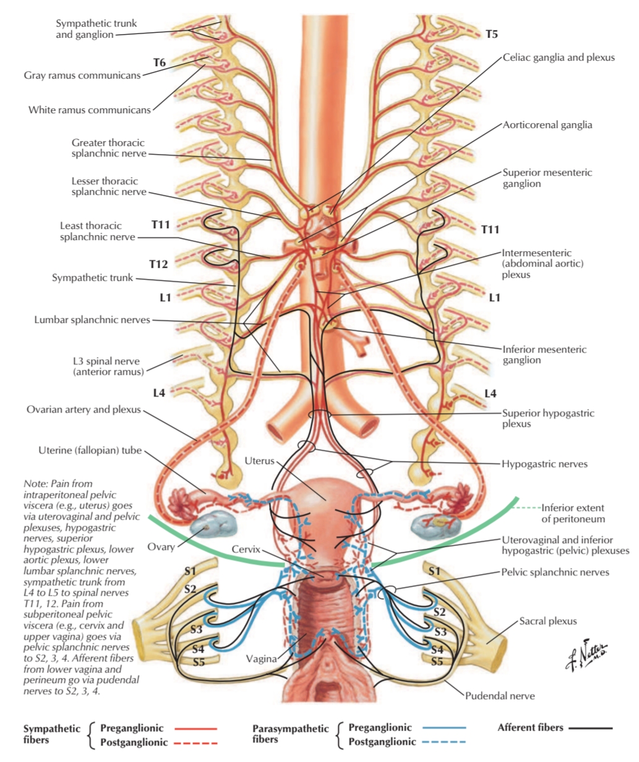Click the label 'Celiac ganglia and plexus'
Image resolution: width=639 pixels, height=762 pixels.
[x=559, y=58]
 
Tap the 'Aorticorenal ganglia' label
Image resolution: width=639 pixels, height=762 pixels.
[x=547, y=125]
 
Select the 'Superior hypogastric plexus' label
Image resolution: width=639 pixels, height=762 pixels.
[x=547, y=418]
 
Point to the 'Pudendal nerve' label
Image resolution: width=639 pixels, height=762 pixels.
[x=500, y=696]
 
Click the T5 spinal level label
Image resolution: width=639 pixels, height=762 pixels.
[x=491, y=35]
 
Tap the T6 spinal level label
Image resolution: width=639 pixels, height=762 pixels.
[x=159, y=63]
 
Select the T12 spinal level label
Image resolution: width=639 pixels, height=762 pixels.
[x=158, y=264]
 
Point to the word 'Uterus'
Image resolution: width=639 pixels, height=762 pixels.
[x=259, y=461]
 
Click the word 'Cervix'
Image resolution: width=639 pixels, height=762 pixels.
[x=246, y=549]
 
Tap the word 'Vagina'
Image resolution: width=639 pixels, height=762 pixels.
[x=261, y=659]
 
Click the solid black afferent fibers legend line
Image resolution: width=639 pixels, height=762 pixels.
[x=590, y=728]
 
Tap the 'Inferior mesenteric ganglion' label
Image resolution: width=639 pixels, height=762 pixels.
[x=544, y=354]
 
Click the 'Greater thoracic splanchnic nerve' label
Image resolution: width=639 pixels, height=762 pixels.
[x=109, y=148]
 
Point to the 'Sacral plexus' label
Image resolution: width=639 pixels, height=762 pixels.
[x=547, y=621]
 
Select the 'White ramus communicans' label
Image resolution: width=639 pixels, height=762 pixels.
[x=89, y=110]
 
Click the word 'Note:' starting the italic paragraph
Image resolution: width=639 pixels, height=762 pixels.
[x=35, y=484]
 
